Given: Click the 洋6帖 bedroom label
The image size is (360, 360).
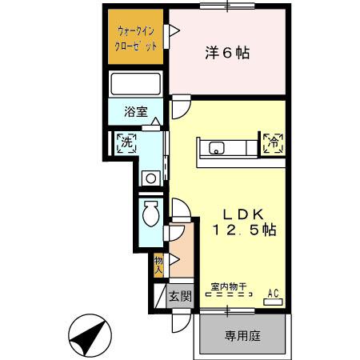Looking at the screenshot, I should (226, 54).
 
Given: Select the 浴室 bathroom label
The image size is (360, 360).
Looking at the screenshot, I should (135, 112).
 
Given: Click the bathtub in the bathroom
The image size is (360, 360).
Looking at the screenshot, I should (137, 84).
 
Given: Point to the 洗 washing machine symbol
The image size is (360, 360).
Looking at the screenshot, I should (126, 144).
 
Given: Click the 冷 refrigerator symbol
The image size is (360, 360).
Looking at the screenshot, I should (272, 144).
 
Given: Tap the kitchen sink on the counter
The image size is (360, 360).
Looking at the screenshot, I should (217, 146).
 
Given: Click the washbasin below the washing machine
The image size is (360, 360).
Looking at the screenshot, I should (150, 178).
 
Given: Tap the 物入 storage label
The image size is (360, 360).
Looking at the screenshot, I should (158, 265).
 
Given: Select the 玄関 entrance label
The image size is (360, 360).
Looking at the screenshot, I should (179, 296).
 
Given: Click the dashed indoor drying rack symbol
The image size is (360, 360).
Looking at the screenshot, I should (227, 295).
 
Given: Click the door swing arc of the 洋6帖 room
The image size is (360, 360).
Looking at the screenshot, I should (181, 105).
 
